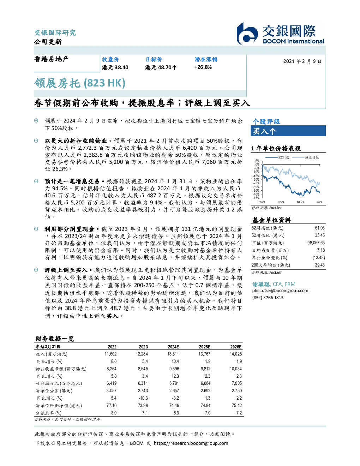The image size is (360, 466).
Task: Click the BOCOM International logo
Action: [280, 34]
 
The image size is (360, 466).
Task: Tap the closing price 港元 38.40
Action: [115, 67]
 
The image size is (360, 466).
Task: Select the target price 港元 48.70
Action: [161, 67]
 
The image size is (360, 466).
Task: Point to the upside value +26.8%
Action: [203, 67]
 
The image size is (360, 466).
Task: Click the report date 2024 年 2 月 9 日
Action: [302, 61]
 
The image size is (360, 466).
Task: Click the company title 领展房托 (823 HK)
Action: [79, 83]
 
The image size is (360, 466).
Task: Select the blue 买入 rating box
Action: [288, 131]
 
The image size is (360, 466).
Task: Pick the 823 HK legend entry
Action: [277, 157]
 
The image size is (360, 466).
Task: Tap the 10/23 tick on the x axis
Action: [300, 202]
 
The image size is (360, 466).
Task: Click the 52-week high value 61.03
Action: [320, 228]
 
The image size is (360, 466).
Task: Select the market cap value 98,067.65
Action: [316, 243]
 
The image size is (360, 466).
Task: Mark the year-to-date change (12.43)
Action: [319, 258]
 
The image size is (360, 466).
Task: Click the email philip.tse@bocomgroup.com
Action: [280, 291]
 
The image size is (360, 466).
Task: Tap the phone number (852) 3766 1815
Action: [268, 298]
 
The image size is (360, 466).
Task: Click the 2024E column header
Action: [173, 347]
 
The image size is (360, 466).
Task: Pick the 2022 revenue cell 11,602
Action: [110, 354]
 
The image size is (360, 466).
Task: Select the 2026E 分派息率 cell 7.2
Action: [239, 413]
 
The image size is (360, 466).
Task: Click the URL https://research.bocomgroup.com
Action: [191, 443]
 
